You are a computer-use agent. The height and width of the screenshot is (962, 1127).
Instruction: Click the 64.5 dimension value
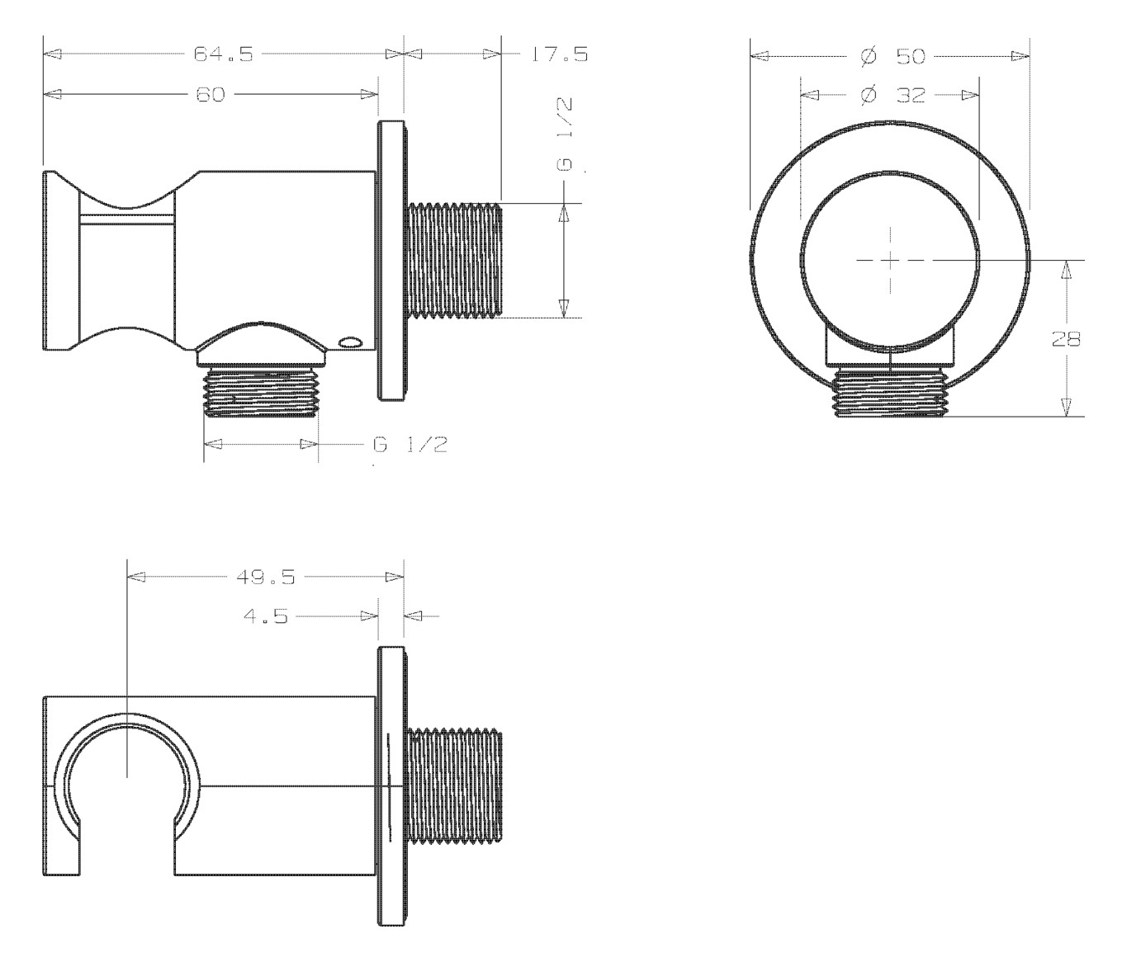224,54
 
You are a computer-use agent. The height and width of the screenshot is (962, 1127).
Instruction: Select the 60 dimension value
211,95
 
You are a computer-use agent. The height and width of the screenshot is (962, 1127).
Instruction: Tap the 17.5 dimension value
560,54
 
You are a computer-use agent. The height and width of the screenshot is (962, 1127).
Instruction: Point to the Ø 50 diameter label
893,56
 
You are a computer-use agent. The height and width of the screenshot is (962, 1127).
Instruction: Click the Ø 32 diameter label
893,96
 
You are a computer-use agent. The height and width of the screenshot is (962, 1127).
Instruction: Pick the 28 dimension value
1066,339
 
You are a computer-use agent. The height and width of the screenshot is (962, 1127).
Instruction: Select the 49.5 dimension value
266,577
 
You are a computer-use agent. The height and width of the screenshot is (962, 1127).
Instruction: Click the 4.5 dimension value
266,616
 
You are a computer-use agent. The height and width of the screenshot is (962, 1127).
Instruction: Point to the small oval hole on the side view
349,342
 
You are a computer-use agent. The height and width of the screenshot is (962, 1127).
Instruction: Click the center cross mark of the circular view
890,260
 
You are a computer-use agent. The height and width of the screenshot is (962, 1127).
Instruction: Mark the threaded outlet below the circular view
890,392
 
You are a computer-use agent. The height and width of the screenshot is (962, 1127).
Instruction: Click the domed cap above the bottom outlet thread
262,344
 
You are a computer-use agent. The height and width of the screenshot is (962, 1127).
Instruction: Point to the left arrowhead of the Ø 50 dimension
760,56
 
